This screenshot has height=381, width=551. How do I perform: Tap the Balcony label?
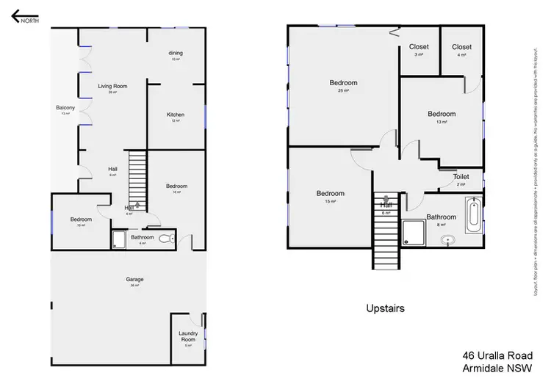[x=65, y=108]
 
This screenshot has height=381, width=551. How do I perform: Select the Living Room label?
[x=112, y=86]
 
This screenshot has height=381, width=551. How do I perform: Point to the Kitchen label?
[x=175, y=115]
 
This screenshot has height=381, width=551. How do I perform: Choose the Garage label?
[x=134, y=279]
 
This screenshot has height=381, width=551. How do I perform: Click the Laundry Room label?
[x=187, y=337]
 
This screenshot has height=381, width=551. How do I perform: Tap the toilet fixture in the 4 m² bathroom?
[x=166, y=238]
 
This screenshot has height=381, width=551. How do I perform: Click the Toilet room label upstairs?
[x=461, y=177]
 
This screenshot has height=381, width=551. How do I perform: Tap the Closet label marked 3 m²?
[x=419, y=47]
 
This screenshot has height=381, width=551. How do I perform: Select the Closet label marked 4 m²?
[x=461, y=47]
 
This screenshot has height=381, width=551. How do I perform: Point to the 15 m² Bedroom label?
[x=331, y=194]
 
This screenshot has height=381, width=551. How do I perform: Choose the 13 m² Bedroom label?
[x=442, y=114]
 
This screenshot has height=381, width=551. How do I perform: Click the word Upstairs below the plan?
[x=386, y=308]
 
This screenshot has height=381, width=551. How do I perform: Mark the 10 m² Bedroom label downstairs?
[x=81, y=219]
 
